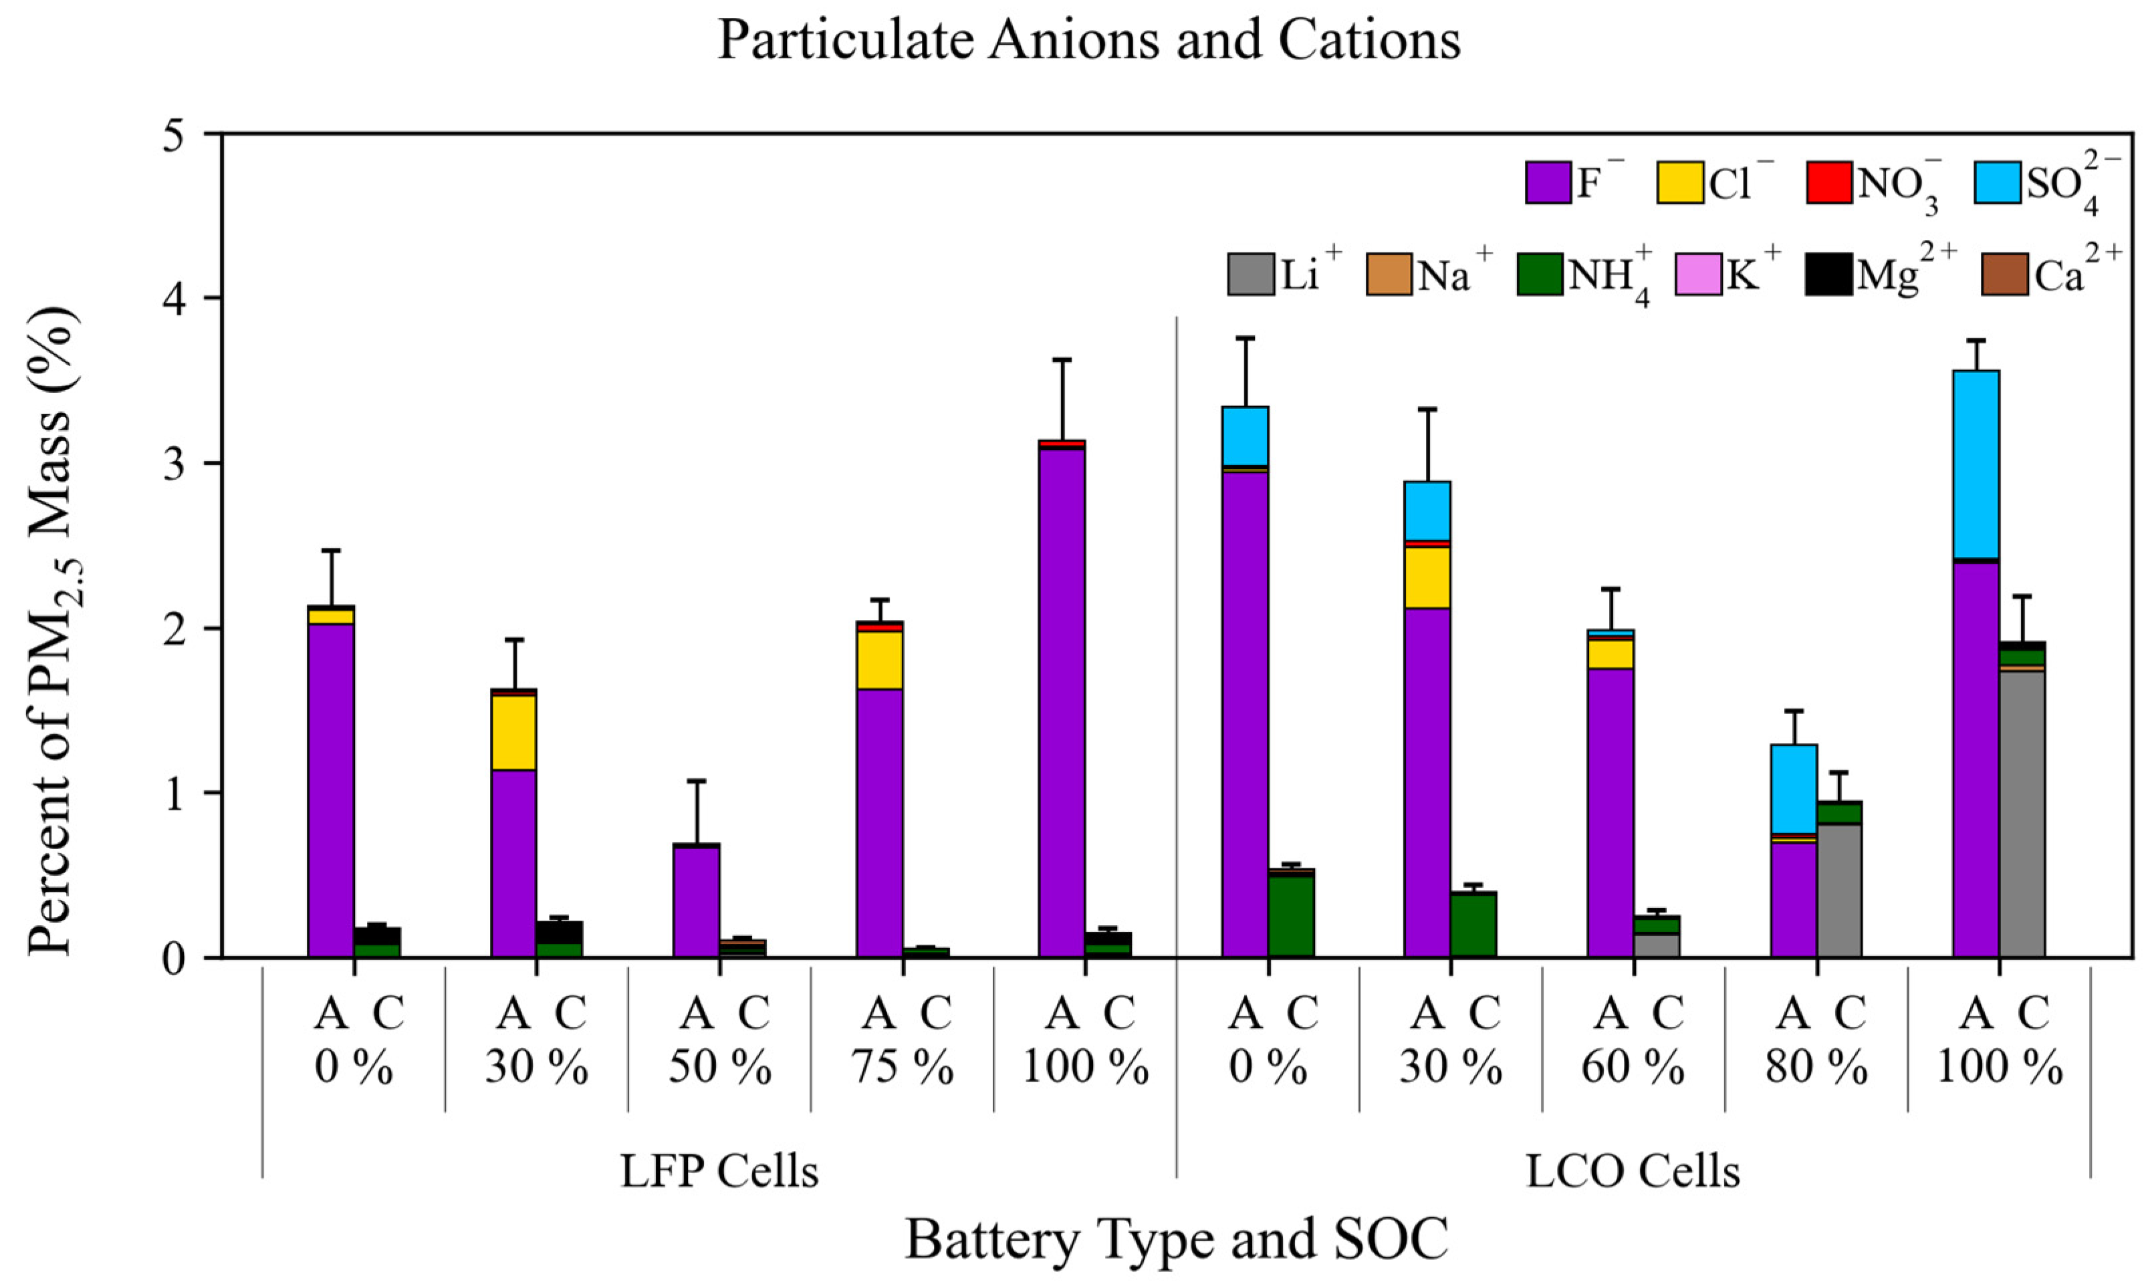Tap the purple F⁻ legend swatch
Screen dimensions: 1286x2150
point(1548,183)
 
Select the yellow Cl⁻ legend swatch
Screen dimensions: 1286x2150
point(1679,183)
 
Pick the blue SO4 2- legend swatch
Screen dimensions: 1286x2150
point(1996,183)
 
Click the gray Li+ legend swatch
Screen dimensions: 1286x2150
point(1251,274)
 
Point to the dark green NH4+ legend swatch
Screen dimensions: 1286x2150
point(1540,274)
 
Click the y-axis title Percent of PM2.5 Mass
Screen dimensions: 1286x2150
point(53,633)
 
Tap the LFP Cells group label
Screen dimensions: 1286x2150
point(719,1172)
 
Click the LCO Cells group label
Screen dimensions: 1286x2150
point(1633,1172)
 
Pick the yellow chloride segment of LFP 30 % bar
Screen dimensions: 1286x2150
point(513,732)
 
